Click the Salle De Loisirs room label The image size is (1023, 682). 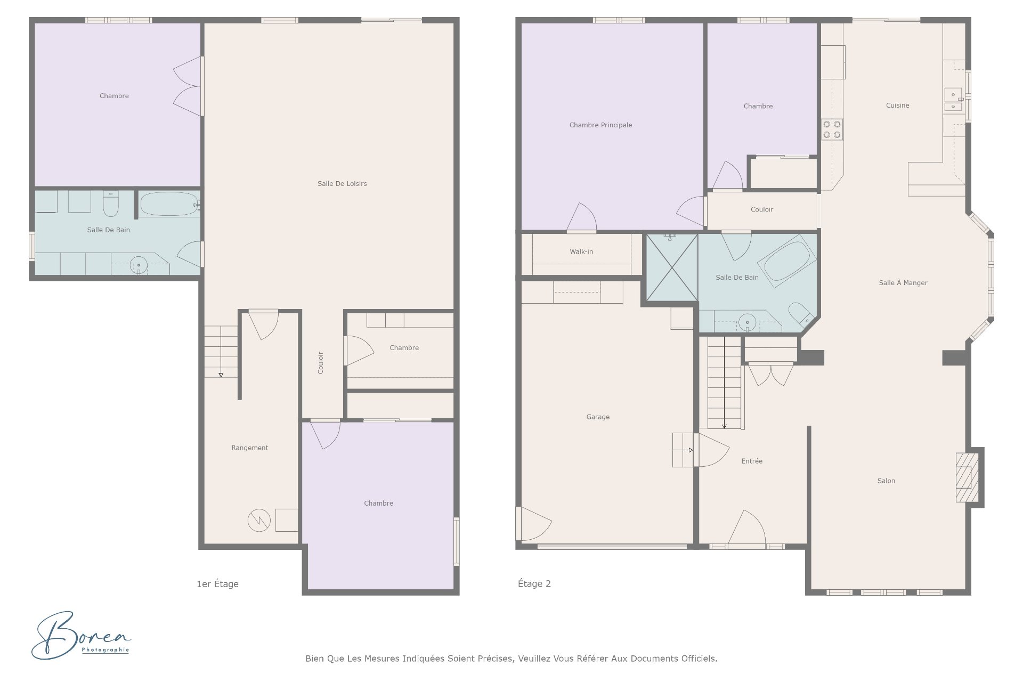pos(342,184)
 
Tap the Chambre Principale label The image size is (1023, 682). pos(600,125)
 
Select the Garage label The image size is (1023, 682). pos(598,417)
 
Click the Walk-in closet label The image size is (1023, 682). pos(581,252)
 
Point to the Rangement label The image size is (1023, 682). pos(249,448)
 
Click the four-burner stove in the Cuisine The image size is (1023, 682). pos(832,129)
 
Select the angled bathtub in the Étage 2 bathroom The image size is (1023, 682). pos(787,261)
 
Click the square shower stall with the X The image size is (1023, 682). pos(671,268)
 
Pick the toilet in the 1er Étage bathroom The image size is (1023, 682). pos(111,204)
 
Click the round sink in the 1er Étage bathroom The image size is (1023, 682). pos(139,264)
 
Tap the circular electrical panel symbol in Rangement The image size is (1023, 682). pos(259,521)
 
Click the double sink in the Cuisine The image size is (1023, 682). pos(953,100)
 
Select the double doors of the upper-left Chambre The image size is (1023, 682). pos(188,86)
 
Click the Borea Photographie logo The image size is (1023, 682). pos(80,635)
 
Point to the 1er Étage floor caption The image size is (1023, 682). pos(217,584)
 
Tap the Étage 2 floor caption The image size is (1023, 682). pos(534,584)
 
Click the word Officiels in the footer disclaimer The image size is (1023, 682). pos(699,659)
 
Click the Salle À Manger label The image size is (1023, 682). pos(903,283)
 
